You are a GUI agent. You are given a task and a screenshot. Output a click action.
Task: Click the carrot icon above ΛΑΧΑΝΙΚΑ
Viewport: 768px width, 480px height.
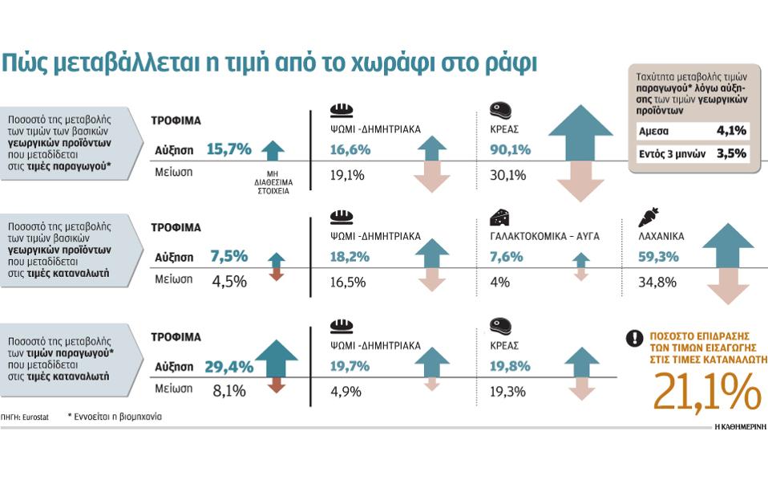(x=649, y=217)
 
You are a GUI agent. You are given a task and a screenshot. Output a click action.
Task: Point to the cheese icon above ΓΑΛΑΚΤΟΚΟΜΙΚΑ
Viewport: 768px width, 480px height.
(x=500, y=217)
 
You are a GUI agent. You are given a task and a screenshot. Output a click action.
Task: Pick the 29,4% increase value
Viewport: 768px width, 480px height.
(x=229, y=367)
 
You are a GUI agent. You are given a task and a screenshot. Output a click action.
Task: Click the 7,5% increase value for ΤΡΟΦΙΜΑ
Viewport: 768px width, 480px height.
(x=228, y=257)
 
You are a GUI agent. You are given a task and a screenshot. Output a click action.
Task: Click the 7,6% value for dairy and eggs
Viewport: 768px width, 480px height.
(x=507, y=257)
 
